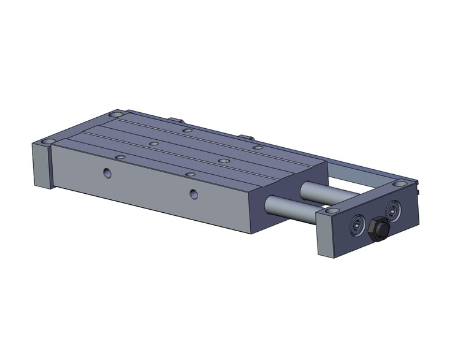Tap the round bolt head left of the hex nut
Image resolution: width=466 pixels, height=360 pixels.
pos(356,226)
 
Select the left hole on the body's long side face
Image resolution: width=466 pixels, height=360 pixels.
pos(108,173)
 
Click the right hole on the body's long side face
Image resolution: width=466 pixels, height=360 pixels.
pos(194,194)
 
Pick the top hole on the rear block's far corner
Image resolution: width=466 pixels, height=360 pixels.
pos(115,114)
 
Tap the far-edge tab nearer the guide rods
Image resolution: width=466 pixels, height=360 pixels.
pos(246,136)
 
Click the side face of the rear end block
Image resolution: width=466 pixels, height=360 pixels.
pos(39,166)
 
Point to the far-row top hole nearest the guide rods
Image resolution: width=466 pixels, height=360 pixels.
pos(258,148)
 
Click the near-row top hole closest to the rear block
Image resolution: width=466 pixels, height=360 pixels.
pos(120,157)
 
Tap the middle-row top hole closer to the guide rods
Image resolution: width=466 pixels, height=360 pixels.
pos(223,161)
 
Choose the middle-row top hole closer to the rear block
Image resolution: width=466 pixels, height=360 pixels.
pos(154,144)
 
